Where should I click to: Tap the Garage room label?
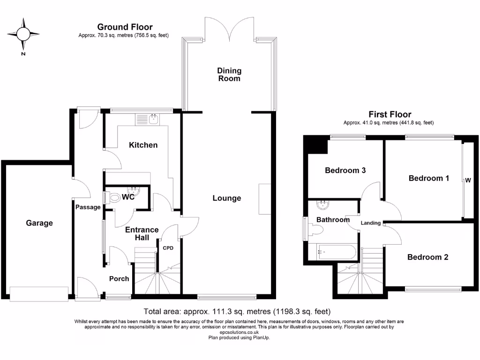[39, 223]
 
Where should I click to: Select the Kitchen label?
[143, 145]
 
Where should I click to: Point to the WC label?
[128, 197]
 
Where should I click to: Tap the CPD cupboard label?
[168, 248]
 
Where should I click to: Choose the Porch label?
[119, 278]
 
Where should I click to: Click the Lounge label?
[227, 198]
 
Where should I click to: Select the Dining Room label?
[229, 75]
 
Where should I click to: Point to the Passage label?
[88, 207]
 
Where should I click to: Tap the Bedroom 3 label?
[345, 171]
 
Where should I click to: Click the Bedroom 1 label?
[429, 178]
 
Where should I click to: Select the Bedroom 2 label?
[427, 257]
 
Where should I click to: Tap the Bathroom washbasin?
[322, 205]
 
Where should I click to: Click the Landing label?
[370, 223]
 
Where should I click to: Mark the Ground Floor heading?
[125, 27]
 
